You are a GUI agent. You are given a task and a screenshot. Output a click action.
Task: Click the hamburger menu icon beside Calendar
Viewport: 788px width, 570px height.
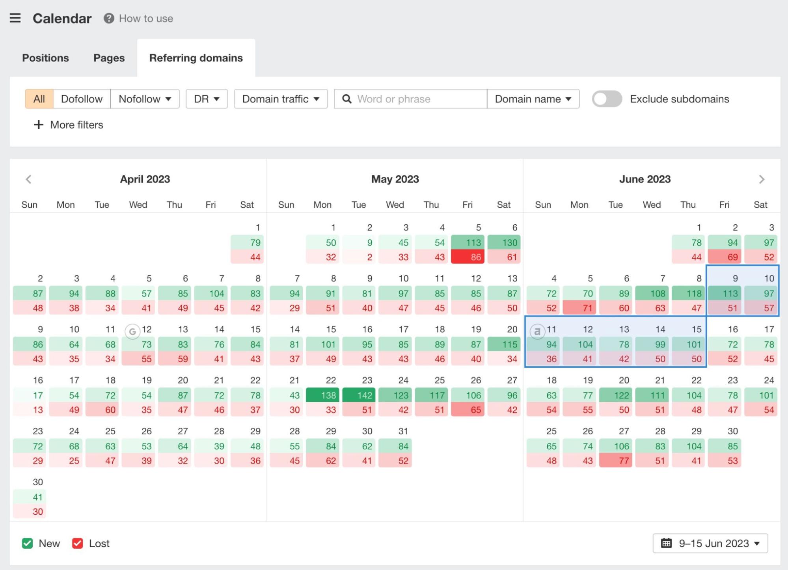[x=15, y=18]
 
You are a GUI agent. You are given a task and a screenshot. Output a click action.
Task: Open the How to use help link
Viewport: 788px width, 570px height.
[x=138, y=19]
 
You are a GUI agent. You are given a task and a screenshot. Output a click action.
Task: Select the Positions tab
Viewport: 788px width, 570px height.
[x=45, y=58]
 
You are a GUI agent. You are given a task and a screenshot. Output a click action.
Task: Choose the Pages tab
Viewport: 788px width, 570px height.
[x=109, y=58]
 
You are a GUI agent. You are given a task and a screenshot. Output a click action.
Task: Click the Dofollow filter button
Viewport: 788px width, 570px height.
[x=82, y=99]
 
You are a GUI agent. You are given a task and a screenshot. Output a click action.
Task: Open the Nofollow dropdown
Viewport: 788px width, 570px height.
[x=145, y=99]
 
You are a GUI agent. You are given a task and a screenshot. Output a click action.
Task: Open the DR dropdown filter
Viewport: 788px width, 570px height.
[x=207, y=99]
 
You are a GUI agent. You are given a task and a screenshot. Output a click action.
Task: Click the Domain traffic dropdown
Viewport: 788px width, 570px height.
[x=281, y=99]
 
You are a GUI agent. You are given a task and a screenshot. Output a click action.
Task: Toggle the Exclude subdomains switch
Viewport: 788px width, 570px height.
[x=607, y=99]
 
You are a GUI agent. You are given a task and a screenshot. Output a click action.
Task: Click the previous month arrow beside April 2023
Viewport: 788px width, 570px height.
[x=28, y=179]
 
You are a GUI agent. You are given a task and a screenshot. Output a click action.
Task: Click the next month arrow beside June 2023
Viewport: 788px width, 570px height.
[x=762, y=179]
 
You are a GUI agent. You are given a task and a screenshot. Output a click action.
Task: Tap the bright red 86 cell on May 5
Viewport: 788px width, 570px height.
[x=468, y=257]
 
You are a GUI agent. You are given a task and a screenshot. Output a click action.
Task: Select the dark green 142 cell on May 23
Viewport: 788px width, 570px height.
[x=359, y=395]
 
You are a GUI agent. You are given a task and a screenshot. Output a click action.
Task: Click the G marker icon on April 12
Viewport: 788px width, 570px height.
[x=132, y=332]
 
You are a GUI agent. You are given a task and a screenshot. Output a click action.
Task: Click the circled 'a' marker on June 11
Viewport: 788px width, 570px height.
[x=537, y=332]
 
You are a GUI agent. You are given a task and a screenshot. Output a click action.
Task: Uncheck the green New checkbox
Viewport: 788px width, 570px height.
[x=27, y=543]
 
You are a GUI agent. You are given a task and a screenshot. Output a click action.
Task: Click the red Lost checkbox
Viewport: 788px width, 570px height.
[x=78, y=543]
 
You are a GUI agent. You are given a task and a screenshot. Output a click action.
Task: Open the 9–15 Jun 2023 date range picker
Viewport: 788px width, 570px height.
[x=710, y=543]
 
